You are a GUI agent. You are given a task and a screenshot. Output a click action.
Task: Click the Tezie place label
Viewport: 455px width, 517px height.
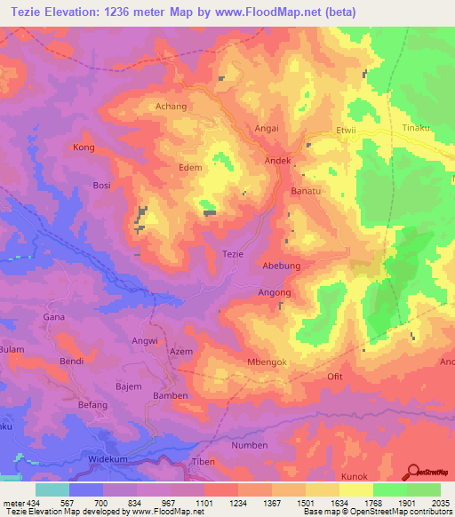pos(232,254)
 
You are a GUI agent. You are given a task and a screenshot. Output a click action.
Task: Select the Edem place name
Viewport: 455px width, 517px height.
pos(190,167)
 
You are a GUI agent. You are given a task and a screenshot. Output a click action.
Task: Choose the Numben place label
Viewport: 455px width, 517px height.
pos(249,445)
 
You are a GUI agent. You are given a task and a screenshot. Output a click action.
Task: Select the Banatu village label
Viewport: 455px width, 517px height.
pos(305,191)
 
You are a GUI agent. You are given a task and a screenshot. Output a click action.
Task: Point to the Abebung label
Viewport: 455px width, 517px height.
pos(281,266)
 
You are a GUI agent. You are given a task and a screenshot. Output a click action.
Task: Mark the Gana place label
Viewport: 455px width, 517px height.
pos(54,316)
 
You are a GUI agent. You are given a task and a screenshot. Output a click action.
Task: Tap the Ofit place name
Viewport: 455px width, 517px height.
pos(335,377)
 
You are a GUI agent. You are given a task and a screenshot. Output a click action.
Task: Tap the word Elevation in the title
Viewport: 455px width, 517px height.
pos(77,12)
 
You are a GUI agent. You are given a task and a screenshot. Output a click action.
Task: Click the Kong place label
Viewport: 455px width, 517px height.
pos(84,147)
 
